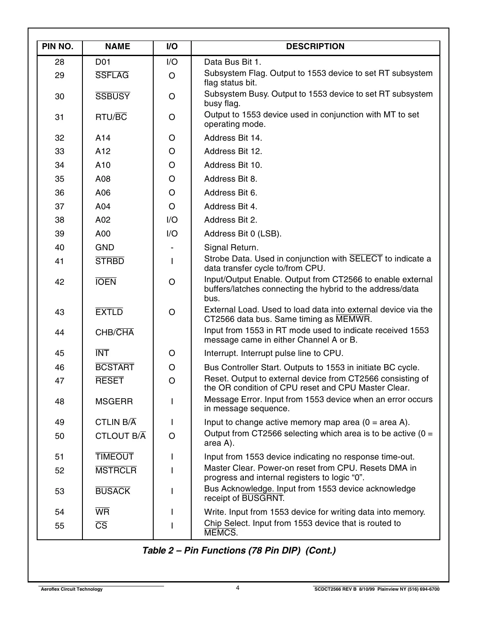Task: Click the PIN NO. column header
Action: point(58,47)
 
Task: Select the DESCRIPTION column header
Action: point(315,47)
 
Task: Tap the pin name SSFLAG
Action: point(112,76)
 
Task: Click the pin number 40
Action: point(60,248)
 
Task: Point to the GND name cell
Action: point(105,248)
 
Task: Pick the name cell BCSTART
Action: point(115,368)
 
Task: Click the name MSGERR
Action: point(114,402)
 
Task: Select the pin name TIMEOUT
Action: point(114,457)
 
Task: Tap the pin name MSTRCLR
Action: point(116,471)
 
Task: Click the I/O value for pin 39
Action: point(172,234)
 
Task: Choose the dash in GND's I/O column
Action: point(172,248)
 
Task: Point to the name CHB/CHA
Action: point(114,333)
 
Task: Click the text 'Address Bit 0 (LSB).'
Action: point(243,234)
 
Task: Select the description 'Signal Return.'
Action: point(231,248)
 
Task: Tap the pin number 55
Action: point(60,526)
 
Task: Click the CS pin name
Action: point(101,526)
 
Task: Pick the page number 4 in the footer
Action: point(238,588)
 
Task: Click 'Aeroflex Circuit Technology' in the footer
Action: point(71,589)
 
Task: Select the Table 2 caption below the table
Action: point(239,551)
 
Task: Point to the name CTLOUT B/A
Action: point(120,436)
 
